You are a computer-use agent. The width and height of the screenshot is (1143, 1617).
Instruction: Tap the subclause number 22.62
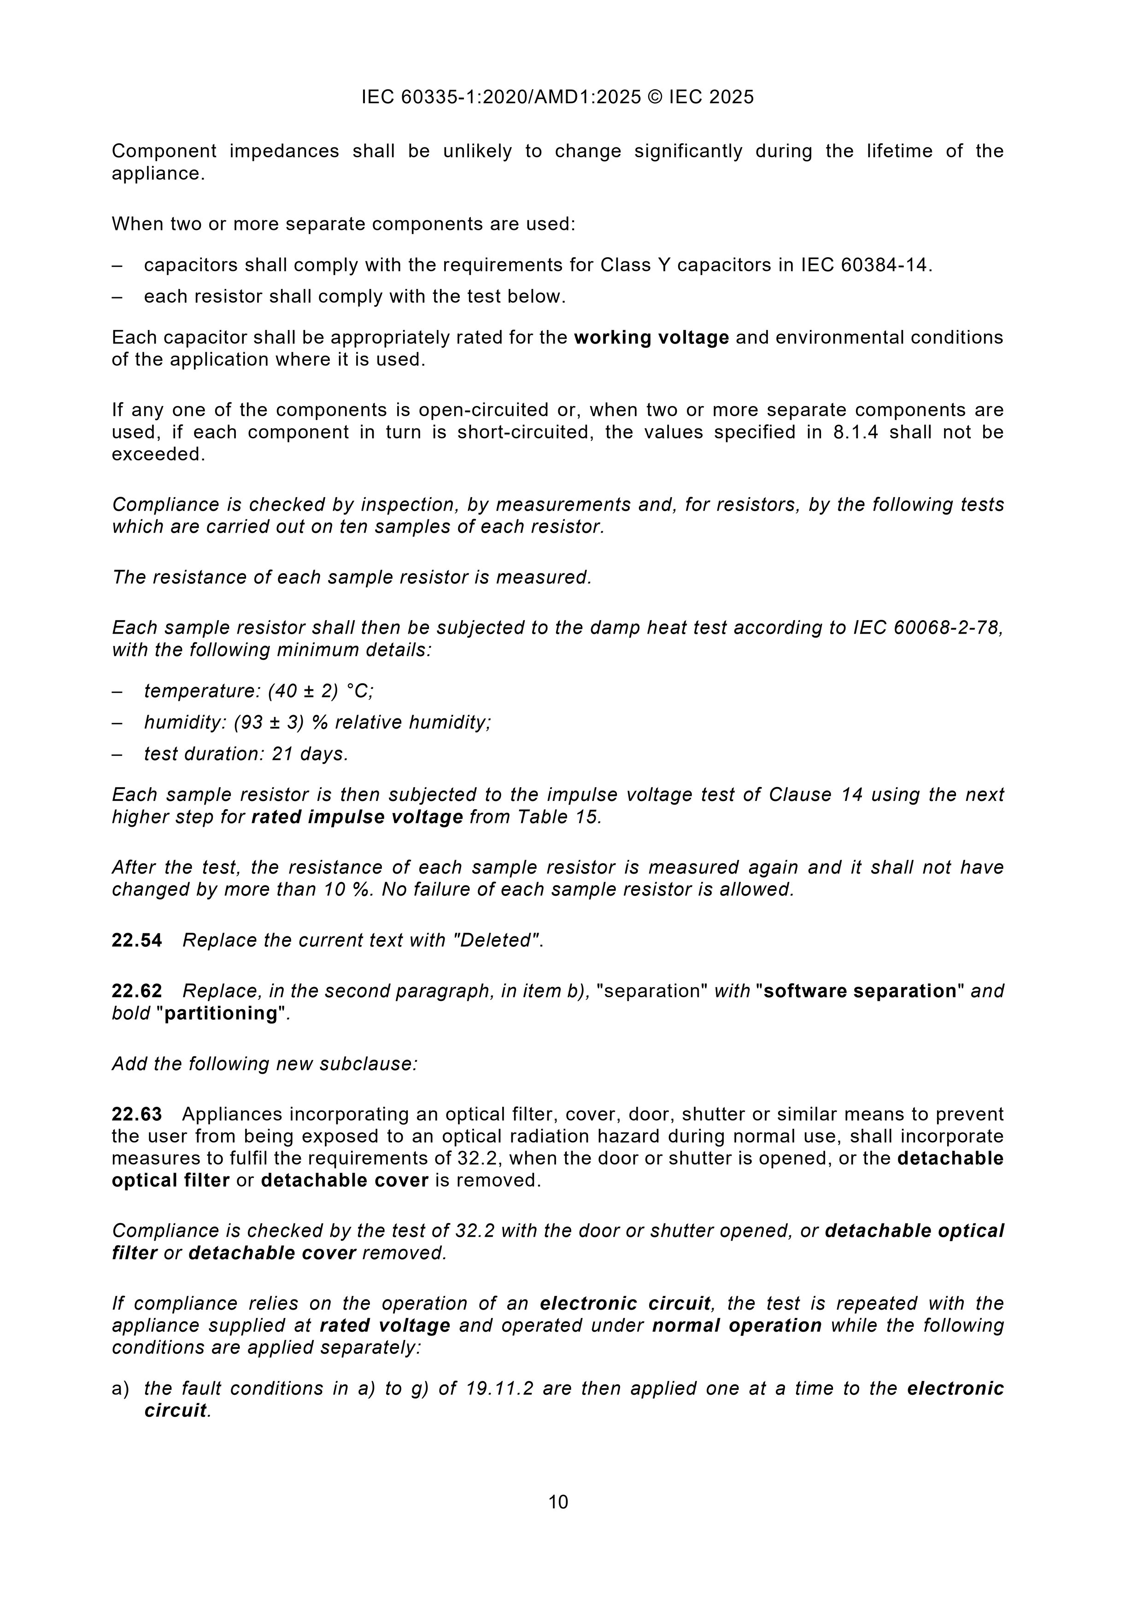pos(137,991)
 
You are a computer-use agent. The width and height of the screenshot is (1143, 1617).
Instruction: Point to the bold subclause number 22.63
pos(137,1114)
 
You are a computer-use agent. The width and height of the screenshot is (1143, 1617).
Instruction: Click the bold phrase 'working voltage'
pos(651,338)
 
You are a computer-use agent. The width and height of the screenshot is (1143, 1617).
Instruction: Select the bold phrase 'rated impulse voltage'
pos(357,817)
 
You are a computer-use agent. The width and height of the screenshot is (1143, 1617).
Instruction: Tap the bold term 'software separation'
pos(860,991)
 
